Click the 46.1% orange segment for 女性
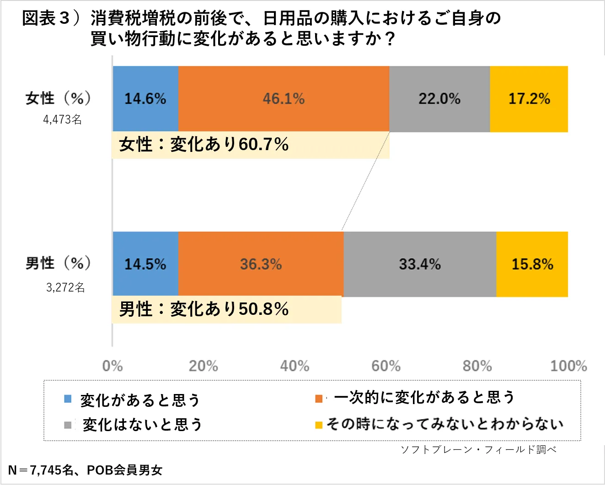[284, 99]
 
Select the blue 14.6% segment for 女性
[145, 99]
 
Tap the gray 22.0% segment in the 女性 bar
[439, 99]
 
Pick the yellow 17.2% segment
[529, 99]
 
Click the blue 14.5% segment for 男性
[145, 264]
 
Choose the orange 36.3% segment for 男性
[261, 264]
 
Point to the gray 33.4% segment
[420, 264]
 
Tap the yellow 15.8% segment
[532, 264]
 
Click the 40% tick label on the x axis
[294, 366]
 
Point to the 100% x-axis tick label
[568, 366]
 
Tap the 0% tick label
[112, 366]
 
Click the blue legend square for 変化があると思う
[68, 399]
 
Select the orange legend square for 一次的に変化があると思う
[319, 399]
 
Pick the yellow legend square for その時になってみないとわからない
[319, 425]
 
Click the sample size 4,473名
[63, 120]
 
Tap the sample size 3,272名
[65, 287]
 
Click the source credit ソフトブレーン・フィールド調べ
[478, 450]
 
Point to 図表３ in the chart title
[46, 18]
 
